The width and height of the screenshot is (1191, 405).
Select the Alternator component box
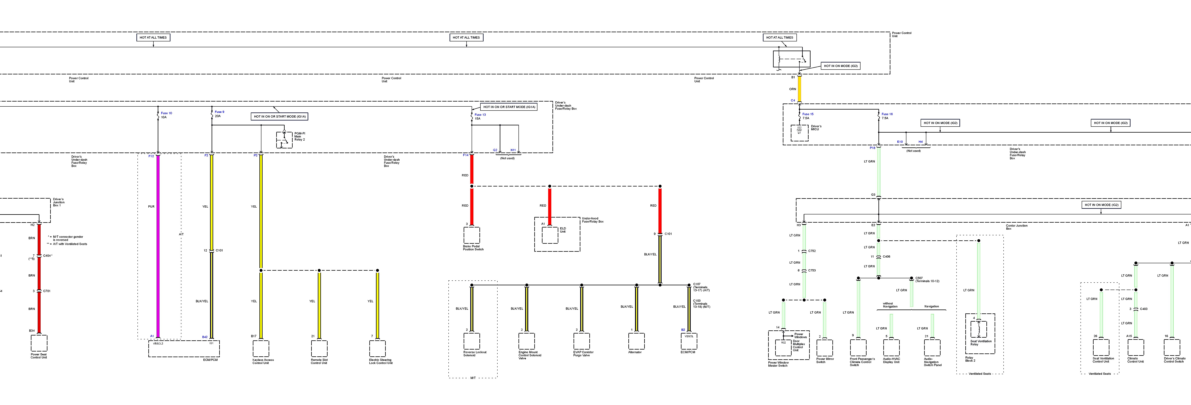click(x=636, y=341)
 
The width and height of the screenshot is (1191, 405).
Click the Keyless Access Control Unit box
click(x=261, y=349)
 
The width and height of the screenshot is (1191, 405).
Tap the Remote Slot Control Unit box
click(x=319, y=349)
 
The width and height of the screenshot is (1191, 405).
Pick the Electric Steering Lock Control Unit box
click(x=377, y=349)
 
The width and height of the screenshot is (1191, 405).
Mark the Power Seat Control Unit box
click(x=39, y=343)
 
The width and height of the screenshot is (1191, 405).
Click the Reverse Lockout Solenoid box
click(x=472, y=341)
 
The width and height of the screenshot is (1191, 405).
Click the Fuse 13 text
click(x=480, y=115)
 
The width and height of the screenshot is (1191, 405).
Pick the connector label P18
click(x=872, y=148)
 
